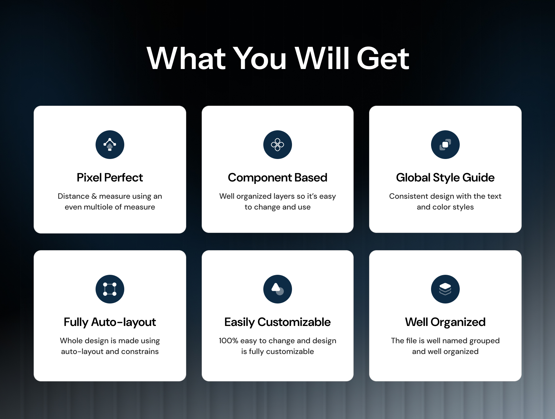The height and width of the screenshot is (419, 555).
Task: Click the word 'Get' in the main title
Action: tap(383, 58)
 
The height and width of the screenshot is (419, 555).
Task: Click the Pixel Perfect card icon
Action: tap(110, 144)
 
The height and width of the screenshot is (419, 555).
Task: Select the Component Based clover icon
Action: tap(277, 144)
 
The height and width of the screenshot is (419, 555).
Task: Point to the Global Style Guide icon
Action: tap(445, 144)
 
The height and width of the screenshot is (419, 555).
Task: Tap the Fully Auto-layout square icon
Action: tap(110, 289)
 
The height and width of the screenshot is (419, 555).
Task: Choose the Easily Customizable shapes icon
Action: tap(277, 289)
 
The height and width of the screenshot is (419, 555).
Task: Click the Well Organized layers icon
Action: tap(445, 289)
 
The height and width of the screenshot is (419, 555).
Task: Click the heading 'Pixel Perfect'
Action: tap(110, 178)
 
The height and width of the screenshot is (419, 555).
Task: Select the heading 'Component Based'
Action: tap(277, 178)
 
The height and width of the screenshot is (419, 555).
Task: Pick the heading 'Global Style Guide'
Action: tap(445, 178)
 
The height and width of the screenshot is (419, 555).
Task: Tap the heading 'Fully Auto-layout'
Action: tap(110, 322)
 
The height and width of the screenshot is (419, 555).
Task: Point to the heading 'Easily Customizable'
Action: tap(277, 322)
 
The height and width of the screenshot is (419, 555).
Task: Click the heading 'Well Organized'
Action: tap(445, 322)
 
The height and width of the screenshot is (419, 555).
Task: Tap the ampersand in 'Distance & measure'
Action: tap(94, 196)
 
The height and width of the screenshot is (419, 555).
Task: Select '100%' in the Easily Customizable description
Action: tap(228, 341)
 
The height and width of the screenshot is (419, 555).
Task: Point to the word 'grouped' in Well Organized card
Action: tap(484, 341)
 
